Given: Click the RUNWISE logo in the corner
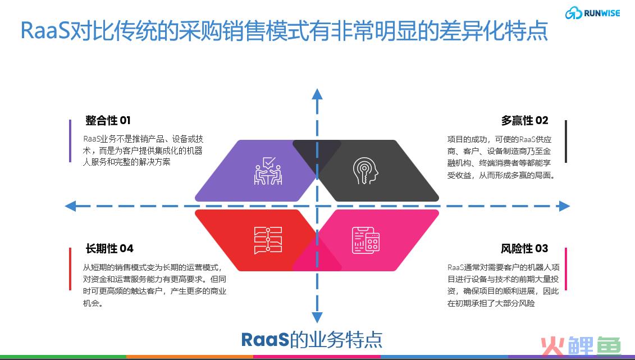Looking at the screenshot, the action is (592, 13).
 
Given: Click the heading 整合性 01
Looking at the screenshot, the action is (108, 120).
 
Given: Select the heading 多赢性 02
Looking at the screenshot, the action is (524, 120).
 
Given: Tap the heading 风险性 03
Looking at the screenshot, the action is (524, 248).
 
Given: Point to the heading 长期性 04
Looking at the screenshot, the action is (109, 248).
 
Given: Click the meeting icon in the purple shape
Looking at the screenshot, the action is (268, 171).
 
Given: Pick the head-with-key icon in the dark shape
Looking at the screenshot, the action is (366, 171).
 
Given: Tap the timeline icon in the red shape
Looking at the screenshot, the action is (268, 240).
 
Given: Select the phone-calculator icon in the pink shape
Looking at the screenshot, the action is (366, 240).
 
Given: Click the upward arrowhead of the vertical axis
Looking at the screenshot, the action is (317, 94).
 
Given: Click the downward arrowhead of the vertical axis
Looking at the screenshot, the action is (317, 317).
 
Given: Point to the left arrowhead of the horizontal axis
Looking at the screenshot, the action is (71, 206).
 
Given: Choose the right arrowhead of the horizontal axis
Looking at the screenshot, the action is (564, 206).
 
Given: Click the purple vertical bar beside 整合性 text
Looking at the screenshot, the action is (70, 141).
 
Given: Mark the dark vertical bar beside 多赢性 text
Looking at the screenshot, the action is (566, 142).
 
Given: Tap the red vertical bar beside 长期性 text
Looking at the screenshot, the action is (70, 269).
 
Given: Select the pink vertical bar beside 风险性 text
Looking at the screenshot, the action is (566, 269).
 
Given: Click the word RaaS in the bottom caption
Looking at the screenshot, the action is (265, 339).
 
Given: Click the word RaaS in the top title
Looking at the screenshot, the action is (46, 30).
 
